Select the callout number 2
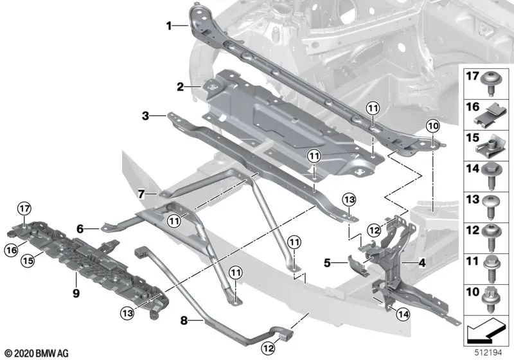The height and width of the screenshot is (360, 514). (181, 86)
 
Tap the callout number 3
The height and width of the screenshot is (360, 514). (146, 116)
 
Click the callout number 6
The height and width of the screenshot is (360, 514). (81, 227)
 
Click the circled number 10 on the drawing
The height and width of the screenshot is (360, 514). (432, 125)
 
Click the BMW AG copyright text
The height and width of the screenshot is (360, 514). (37, 354)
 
